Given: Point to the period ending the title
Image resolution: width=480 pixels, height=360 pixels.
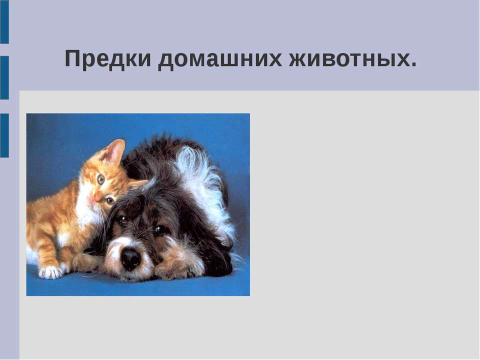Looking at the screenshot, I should tap(413, 65).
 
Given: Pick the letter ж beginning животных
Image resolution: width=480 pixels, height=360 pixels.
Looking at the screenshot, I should tap(299, 59).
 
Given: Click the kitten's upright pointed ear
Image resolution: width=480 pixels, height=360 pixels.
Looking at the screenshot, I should tap(114, 150).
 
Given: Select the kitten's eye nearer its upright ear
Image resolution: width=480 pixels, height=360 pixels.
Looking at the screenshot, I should tap(101, 179).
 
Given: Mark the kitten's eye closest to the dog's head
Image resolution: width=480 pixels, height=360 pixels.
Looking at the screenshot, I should tap(110, 200).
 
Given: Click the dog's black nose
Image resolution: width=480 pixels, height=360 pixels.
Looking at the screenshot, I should tap(130, 258).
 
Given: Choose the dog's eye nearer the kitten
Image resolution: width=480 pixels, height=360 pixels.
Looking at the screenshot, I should tap(121, 218).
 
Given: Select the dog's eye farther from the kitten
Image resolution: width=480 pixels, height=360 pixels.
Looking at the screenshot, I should tap(159, 229).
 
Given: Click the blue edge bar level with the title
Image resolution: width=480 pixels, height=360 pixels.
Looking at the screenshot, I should tap(4, 77).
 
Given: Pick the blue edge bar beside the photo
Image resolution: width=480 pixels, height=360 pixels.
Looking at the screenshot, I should tap(4, 135).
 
